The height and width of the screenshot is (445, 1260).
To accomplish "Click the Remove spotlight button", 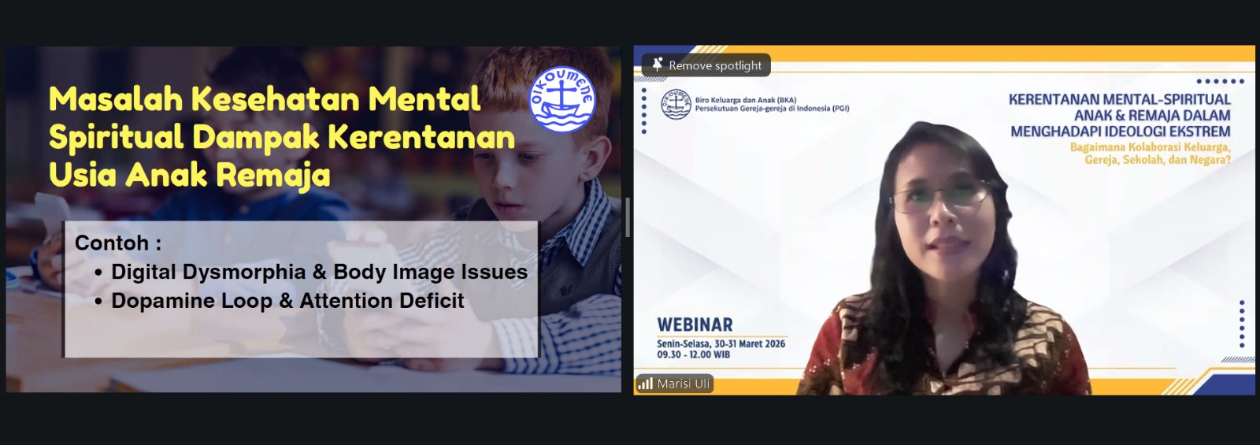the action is click(x=706, y=65).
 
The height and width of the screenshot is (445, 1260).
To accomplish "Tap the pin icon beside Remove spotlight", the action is click(x=657, y=65).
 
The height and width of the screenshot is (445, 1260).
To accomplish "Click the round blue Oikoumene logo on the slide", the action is click(x=562, y=99).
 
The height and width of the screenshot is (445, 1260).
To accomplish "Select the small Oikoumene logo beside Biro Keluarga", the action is click(x=676, y=104).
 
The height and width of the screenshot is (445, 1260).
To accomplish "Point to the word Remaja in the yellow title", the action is click(x=272, y=176).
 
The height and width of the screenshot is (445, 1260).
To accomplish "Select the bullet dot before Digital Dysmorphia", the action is click(x=98, y=273).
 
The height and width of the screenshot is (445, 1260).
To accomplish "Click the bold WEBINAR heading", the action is click(x=695, y=324).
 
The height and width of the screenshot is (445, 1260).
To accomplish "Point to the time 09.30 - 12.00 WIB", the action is click(x=694, y=354).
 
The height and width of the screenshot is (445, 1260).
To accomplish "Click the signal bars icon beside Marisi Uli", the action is click(x=645, y=384).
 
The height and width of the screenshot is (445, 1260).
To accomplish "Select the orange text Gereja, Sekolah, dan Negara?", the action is click(x=1158, y=160).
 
